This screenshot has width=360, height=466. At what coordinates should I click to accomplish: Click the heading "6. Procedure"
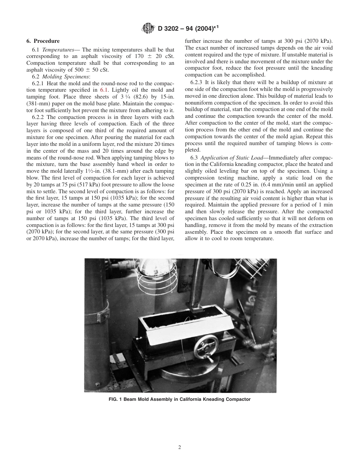click(43, 41)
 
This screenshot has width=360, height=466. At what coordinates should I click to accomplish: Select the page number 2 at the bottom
click(180, 447)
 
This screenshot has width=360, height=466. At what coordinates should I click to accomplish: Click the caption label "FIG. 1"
click(116, 399)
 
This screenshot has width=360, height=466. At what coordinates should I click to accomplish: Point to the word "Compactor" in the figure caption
click(239, 399)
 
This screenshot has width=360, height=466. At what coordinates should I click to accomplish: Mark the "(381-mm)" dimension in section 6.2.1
click(38, 103)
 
